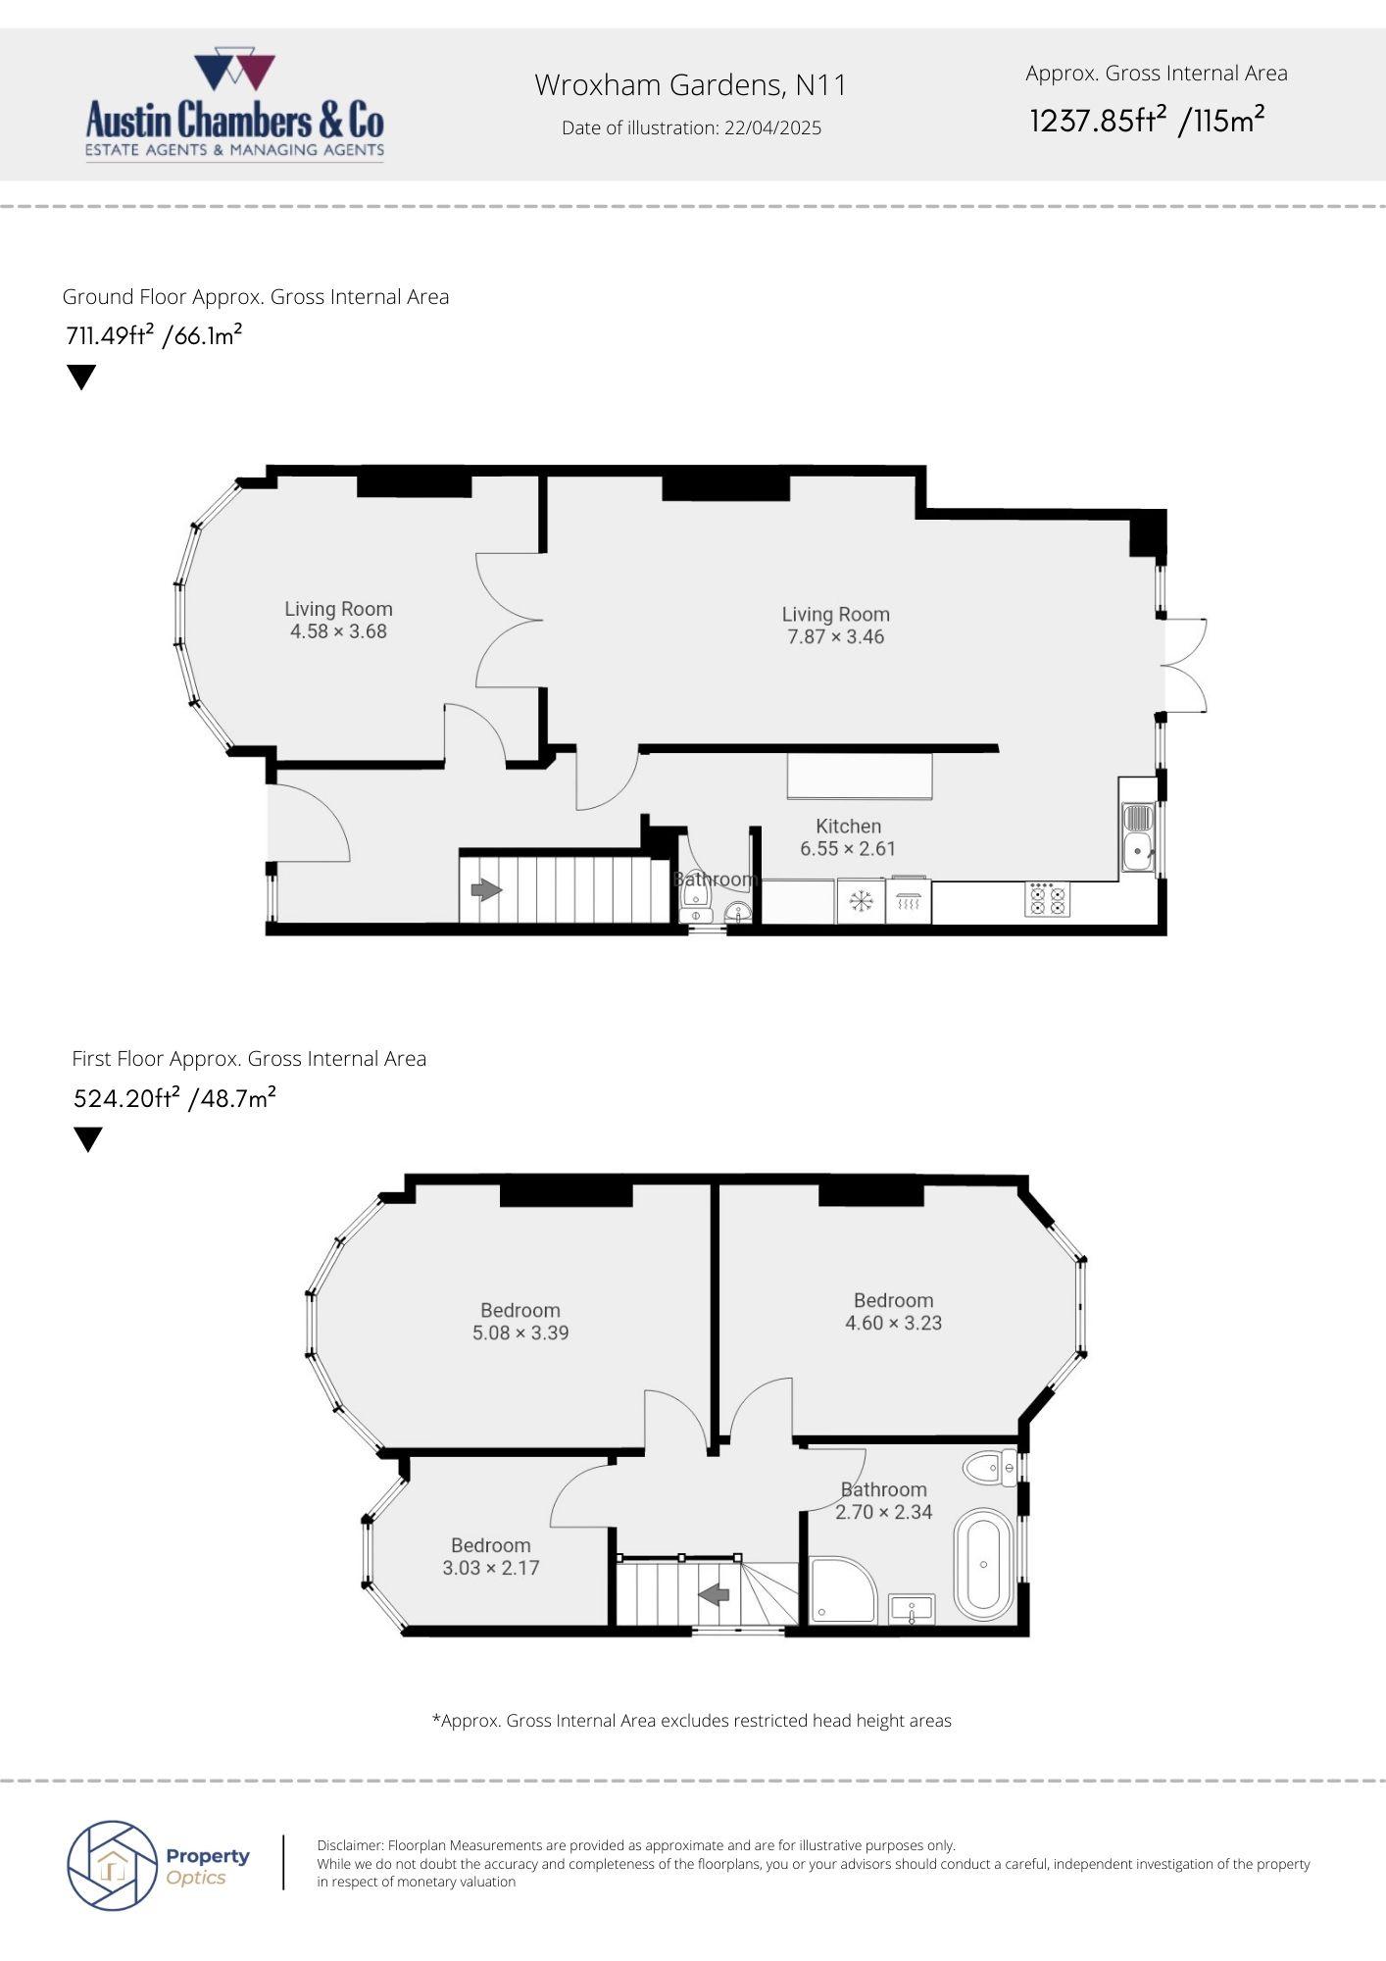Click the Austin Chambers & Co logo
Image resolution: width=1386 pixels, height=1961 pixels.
pos(234,106)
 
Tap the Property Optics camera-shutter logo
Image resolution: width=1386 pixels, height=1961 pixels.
pos(113,1865)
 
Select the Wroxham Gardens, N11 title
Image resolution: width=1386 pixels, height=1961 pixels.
pos(690,85)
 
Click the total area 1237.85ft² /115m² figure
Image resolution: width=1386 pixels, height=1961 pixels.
pos(1147,121)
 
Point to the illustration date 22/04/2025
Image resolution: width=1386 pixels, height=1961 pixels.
pos(772,127)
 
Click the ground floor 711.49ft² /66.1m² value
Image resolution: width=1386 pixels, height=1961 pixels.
pos(154,335)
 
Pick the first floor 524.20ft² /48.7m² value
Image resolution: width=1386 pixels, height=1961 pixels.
pos(174,1097)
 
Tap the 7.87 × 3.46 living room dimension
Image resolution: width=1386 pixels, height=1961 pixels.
pos(835,637)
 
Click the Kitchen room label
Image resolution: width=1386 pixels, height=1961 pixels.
pos(849,827)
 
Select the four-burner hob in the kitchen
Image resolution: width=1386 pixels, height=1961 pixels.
pos(1048,899)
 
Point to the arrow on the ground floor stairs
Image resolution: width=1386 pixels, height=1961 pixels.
pos(486,890)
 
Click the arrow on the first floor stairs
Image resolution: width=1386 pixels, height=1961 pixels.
pos(715,1595)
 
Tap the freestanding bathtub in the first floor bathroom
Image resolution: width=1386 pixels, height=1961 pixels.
pos(984,1566)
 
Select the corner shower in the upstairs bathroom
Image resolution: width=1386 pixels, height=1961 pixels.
pos(844,1588)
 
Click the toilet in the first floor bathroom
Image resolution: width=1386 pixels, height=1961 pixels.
pos(990,1468)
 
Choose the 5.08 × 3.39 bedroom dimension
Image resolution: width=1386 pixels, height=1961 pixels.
pos(520,1333)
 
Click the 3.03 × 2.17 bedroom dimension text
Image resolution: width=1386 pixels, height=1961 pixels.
pos(491,1568)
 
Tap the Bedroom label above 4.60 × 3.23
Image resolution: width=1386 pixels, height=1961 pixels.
pos(893,1301)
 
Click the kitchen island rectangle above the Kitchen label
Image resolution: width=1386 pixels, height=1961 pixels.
pos(860,776)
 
